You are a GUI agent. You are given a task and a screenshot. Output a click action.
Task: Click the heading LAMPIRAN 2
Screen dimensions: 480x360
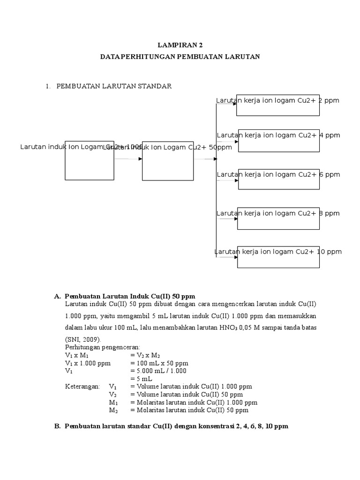(x=180, y=45)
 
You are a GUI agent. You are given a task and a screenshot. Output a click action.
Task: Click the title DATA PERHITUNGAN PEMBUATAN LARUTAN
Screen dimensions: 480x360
(x=180, y=57)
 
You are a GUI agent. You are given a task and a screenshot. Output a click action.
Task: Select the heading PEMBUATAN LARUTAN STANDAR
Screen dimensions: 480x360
(x=114, y=86)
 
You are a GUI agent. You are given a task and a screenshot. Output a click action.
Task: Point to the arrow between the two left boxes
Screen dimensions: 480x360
(x=128, y=159)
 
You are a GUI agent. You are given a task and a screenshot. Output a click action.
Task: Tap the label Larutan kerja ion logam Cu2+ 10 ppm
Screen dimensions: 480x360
(x=278, y=252)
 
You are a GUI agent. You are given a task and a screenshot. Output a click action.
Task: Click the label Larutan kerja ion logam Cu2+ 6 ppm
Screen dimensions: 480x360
(x=278, y=174)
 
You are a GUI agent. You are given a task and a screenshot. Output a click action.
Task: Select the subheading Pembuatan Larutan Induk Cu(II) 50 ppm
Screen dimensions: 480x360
(x=130, y=297)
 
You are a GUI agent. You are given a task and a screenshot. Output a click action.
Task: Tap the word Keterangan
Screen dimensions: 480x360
(x=82, y=386)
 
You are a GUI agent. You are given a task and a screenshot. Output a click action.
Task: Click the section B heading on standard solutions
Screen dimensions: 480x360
(x=177, y=427)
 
